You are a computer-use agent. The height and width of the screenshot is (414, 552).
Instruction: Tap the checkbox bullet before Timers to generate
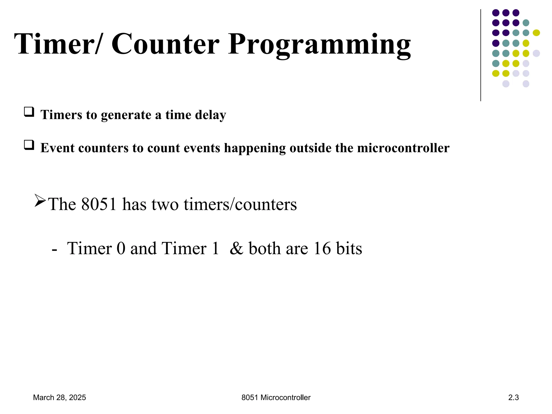(x=29, y=112)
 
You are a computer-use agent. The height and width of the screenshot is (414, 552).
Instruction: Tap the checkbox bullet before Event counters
(x=29, y=145)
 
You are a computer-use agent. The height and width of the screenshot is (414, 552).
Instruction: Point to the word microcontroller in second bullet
(x=403, y=148)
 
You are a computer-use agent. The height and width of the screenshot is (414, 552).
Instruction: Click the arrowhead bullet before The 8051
(x=40, y=201)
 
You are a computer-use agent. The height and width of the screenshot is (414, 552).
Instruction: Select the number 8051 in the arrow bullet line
(x=99, y=204)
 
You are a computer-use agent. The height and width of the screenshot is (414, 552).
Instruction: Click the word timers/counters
(x=240, y=204)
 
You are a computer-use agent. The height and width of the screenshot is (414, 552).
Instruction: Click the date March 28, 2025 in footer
(x=59, y=398)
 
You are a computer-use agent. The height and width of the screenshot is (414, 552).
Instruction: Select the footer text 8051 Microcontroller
(x=276, y=398)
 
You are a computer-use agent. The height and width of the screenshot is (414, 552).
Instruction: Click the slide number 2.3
(x=513, y=398)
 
